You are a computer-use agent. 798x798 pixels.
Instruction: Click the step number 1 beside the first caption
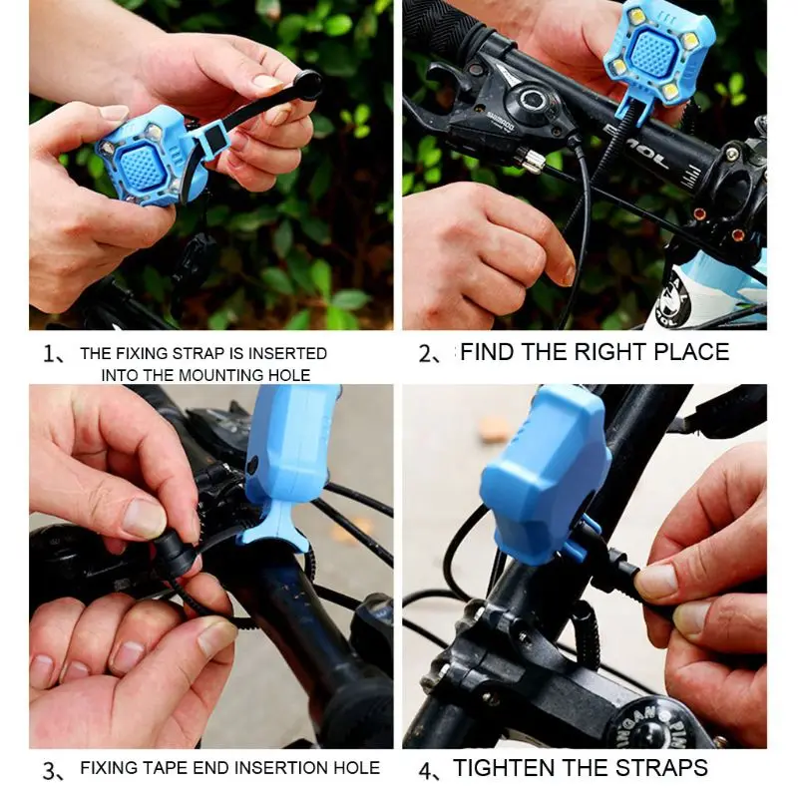point(49,354)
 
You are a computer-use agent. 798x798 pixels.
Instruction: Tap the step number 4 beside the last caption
point(425,770)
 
